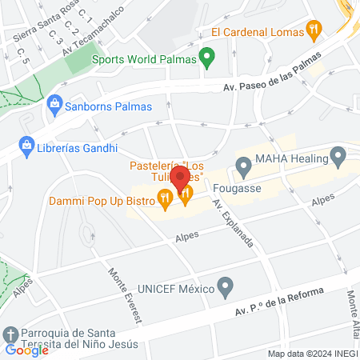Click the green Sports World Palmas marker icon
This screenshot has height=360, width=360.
click(208, 58)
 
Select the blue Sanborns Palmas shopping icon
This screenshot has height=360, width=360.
click(54, 103)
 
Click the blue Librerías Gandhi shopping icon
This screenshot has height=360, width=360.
click(27, 147)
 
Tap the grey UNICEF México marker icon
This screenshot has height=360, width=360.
click(226, 286)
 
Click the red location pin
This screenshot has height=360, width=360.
click(180, 177)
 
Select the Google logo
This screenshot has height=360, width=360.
click(26, 349)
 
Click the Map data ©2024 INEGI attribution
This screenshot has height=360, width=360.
click(312, 354)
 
